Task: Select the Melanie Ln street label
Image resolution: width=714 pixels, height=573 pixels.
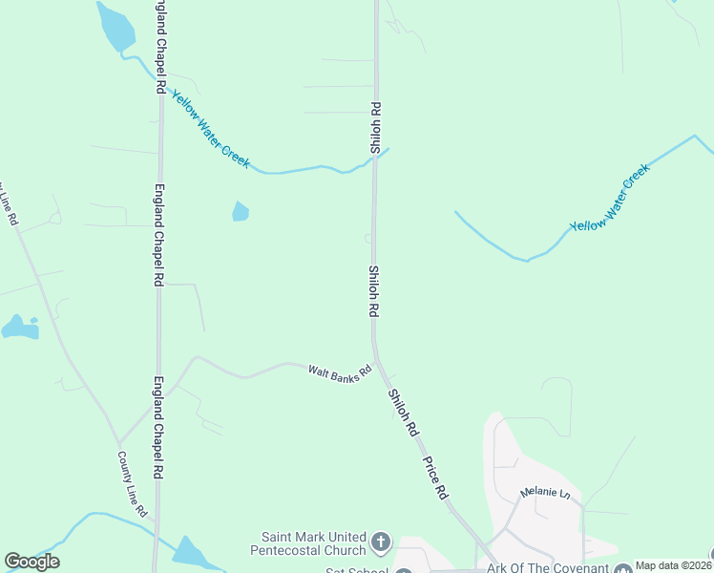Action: click(x=544, y=494)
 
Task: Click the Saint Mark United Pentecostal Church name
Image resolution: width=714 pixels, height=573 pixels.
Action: click(x=308, y=543)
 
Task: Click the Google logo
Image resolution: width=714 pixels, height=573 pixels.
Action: click(x=31, y=562)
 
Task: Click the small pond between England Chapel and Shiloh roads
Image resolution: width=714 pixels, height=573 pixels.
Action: click(x=241, y=211)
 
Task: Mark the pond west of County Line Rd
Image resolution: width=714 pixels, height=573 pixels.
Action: click(x=19, y=329)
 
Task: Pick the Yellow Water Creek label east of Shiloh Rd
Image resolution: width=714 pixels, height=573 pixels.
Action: click(x=609, y=198)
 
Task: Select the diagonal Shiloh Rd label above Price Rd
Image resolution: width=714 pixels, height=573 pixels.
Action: click(x=403, y=413)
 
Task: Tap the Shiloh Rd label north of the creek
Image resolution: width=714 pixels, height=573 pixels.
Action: click(x=376, y=128)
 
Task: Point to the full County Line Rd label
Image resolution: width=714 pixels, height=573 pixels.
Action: click(x=133, y=484)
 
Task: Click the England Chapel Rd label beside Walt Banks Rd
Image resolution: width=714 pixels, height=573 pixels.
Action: click(x=158, y=427)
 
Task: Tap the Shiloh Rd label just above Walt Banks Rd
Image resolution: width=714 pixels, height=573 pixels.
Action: click(x=374, y=291)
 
